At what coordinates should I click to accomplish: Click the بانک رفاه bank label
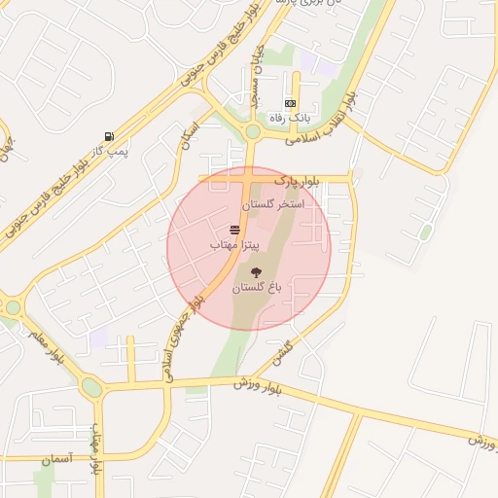pos(290,117)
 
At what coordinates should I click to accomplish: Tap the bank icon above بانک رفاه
pos(290,103)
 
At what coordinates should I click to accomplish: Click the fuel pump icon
pos(107,136)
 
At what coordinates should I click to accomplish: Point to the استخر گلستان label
pos(272,205)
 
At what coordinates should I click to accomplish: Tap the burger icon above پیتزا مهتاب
pos(234,231)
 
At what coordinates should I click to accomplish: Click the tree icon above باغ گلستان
pos(256,273)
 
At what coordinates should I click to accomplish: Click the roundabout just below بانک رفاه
pos(253,131)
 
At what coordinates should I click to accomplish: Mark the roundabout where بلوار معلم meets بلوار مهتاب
pos(91,388)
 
